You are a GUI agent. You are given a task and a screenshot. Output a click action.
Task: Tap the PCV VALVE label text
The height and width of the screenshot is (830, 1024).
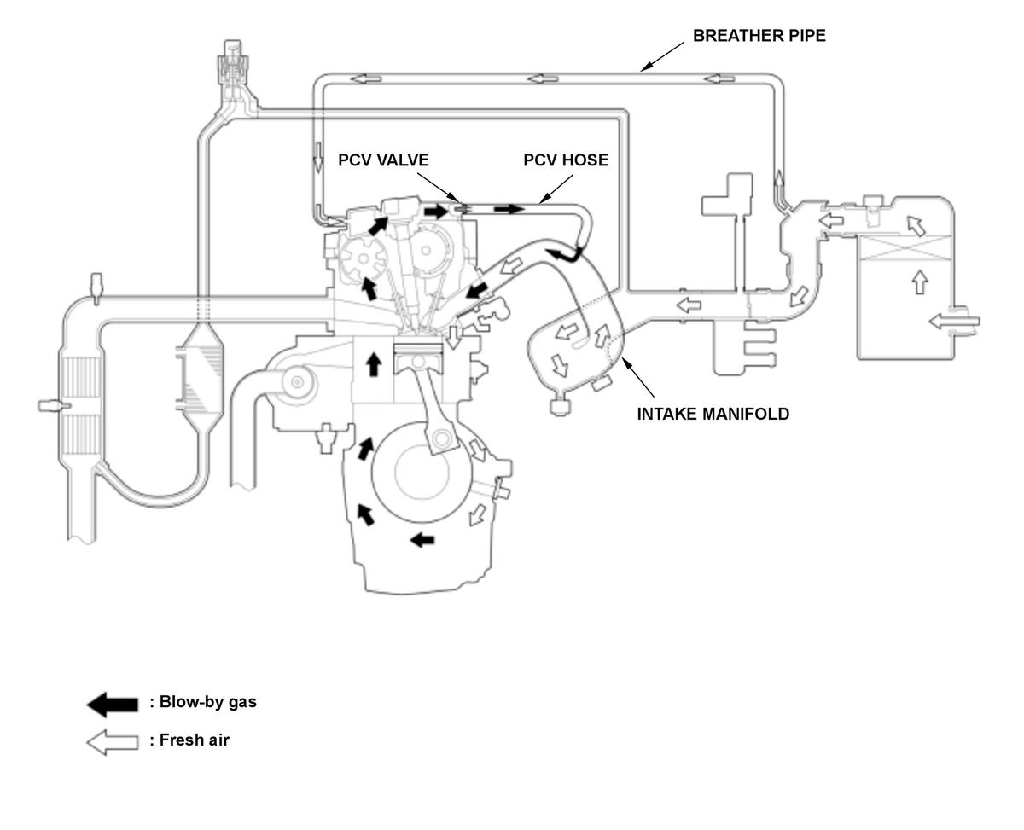[x=382, y=160]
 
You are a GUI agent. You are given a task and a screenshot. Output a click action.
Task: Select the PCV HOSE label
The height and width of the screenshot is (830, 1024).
[x=566, y=160]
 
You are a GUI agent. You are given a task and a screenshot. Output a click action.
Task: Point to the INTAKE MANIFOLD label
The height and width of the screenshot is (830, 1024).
[x=713, y=414]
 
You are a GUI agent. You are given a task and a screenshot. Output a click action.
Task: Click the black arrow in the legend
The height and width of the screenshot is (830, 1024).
[x=112, y=705]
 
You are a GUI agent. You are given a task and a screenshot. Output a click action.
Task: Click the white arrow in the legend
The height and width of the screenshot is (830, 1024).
[x=112, y=742]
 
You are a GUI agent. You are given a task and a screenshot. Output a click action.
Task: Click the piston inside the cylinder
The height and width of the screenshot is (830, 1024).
[x=417, y=358]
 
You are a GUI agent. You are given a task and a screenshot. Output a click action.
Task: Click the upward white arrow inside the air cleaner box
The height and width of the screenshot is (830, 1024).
[x=919, y=282]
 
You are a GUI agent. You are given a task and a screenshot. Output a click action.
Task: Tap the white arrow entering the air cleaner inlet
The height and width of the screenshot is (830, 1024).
[x=953, y=321]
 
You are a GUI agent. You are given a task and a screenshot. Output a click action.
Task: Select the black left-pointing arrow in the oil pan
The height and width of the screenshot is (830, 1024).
[x=422, y=540]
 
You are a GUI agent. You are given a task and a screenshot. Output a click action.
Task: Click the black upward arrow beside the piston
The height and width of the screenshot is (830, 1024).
[x=373, y=363]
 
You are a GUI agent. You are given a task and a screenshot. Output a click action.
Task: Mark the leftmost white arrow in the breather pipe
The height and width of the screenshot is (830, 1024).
[x=366, y=78]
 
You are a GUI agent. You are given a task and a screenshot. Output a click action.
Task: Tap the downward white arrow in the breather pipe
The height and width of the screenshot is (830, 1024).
[x=317, y=157]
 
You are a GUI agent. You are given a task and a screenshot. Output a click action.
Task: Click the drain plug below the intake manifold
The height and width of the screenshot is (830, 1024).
[x=559, y=406]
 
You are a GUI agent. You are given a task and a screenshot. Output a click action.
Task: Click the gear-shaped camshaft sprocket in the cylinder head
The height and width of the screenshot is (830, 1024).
[x=363, y=259]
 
